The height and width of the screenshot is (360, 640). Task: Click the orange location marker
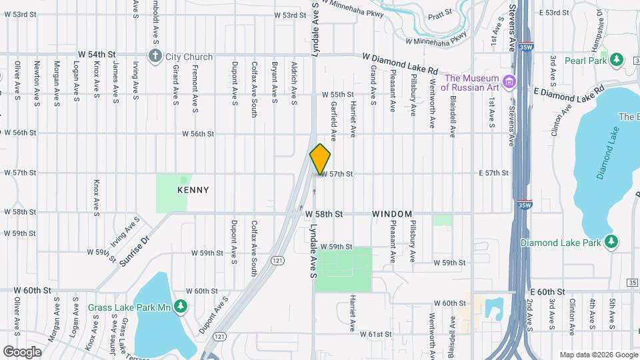click(x=320, y=159)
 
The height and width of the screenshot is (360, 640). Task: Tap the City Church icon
click(x=155, y=56)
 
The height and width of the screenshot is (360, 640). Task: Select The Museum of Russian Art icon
click(x=510, y=82)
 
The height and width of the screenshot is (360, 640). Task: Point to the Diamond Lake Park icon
click(x=611, y=242)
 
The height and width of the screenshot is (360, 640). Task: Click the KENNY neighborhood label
click(x=193, y=190)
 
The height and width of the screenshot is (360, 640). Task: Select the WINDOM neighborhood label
click(x=392, y=214)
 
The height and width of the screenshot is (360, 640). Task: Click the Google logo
click(x=22, y=351)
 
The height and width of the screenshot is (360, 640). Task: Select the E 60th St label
click(x=548, y=292)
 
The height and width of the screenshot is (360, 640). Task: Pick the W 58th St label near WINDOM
click(x=324, y=214)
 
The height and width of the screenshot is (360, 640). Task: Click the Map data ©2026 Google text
click(x=598, y=355)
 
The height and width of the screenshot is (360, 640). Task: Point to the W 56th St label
click(x=197, y=133)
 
